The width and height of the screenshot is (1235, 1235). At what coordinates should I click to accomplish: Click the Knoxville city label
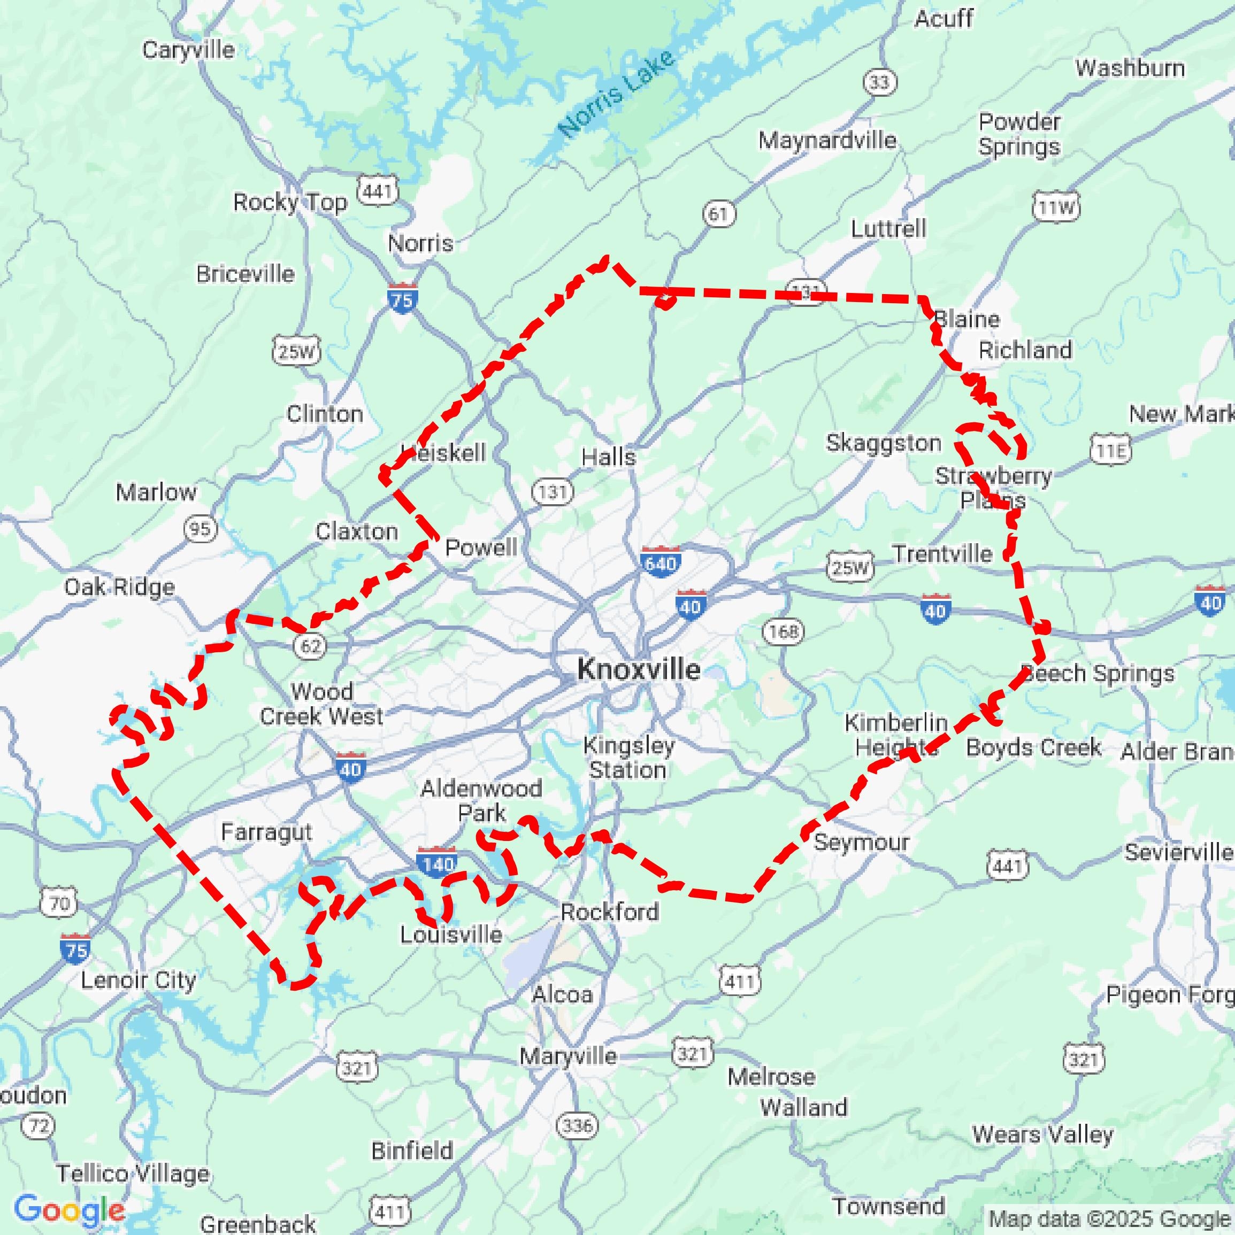pos(638,669)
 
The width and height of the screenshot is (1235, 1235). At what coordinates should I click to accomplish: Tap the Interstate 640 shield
pos(660,562)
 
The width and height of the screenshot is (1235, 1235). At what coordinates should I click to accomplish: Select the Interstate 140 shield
pos(436,863)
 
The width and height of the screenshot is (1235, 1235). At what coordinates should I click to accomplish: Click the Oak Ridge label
pos(120,587)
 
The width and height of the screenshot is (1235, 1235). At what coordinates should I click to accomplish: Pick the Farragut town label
pos(266,832)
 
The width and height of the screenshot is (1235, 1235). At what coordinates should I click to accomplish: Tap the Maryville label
pos(568,1056)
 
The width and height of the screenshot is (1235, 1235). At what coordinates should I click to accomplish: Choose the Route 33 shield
pos(879,82)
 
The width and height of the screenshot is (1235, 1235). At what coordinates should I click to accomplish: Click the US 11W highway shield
pos(1056,207)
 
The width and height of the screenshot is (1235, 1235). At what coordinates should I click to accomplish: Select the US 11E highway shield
pos(1111,451)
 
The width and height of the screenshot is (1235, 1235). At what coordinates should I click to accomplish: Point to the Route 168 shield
pos(784,631)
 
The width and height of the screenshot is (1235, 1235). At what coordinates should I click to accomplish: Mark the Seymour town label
pos(861,842)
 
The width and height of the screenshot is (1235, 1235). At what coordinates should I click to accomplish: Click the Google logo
pos(69,1210)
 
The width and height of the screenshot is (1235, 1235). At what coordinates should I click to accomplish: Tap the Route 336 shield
pos(577,1125)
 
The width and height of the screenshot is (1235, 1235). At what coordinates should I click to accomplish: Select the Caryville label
pos(188,50)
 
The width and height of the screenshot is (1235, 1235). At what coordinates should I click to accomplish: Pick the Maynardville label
pos(827,140)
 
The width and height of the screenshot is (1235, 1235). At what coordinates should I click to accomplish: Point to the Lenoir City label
pos(138,980)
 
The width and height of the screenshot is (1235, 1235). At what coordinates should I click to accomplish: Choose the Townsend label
pos(888,1206)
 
